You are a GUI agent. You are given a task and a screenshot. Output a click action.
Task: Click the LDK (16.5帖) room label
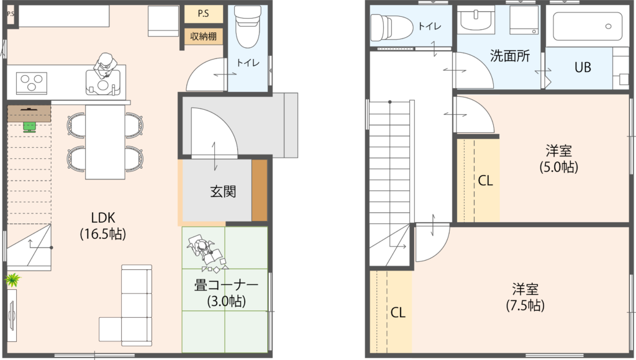[x=103, y=225]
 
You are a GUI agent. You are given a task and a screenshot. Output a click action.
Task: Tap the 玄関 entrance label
[x=223, y=191]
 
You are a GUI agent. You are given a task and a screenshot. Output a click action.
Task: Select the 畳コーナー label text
[x=226, y=286]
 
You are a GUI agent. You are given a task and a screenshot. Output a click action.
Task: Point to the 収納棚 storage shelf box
[x=203, y=36]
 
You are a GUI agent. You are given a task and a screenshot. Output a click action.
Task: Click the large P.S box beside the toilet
[x=204, y=14]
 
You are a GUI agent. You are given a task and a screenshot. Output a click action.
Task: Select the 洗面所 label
[x=510, y=55]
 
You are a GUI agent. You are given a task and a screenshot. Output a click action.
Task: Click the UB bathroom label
[x=583, y=67]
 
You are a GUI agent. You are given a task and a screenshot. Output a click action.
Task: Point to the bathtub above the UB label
[x=588, y=26]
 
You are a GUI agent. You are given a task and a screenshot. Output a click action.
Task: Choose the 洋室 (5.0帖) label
[x=558, y=158]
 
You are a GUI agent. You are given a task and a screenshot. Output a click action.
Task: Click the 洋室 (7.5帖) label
[x=525, y=297]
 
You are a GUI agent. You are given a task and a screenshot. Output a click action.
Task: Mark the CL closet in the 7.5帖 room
[x=391, y=312]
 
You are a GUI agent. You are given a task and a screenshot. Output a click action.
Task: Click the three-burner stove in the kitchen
[x=31, y=83]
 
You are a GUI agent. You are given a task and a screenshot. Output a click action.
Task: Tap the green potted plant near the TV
[x=12, y=280]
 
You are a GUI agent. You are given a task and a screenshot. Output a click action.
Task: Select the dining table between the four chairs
[x=105, y=142]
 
